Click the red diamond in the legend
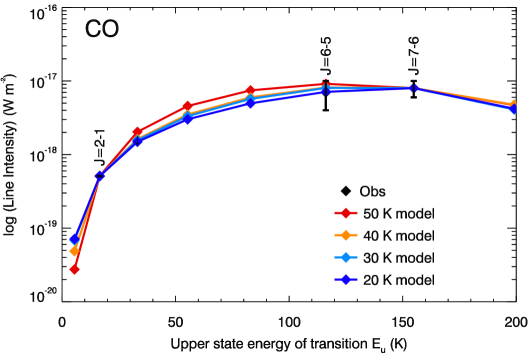pos(345,213)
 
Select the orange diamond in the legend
pos(345,235)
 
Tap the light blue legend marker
pos(345,257)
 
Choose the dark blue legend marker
pos(345,279)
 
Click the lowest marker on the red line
pos(74,269)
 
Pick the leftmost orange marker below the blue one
pos(74,251)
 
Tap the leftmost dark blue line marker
pos(75,238)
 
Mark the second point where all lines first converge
pos(100,175)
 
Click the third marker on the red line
pos(137,132)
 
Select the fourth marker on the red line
pos(187,106)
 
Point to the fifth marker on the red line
pos(250,90)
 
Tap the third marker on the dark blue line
pos(137,142)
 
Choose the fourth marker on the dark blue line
pos(187,119)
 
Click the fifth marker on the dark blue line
pos(250,102)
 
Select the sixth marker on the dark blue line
pos(325,91)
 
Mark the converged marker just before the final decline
pos(415,88)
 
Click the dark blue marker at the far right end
pos(513,109)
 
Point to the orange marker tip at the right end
pos(514,103)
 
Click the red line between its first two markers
pos(87,222)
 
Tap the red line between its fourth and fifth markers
pos(218,98)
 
